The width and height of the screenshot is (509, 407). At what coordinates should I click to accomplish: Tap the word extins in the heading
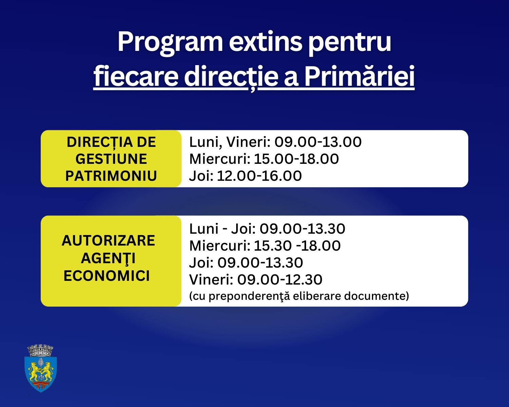pos(265,42)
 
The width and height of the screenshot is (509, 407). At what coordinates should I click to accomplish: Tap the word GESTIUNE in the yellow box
pos(111,159)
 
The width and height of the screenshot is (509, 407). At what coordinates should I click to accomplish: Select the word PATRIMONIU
pos(111,176)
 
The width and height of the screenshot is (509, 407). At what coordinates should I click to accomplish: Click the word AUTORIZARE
pos(108,240)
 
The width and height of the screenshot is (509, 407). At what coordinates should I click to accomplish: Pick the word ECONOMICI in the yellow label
pos(107,276)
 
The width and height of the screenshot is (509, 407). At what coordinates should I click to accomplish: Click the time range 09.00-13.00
pos(318,142)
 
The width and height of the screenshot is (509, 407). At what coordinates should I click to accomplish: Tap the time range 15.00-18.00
pos(296,159)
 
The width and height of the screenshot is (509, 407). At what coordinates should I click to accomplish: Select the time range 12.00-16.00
pos(259,176)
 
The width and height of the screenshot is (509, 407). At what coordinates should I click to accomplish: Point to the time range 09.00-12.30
pos(280,279)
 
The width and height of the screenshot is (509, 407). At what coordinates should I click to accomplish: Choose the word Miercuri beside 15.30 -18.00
pos(220,246)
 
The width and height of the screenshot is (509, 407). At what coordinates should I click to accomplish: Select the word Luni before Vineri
pos(204,142)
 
